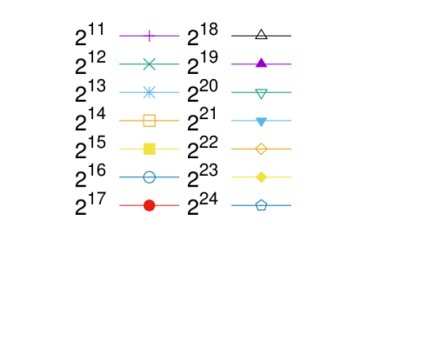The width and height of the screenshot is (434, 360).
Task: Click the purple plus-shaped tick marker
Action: (150, 36)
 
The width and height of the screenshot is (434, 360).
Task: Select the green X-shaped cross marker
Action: (150, 64)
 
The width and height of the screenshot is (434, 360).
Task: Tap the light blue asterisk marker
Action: (150, 92)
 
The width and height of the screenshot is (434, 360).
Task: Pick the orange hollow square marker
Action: (150, 120)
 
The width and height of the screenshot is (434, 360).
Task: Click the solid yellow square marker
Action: (150, 149)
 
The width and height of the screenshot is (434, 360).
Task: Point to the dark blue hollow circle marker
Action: (150, 177)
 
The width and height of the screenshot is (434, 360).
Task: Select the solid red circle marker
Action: (150, 205)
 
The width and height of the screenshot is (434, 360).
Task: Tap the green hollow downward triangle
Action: (261, 92)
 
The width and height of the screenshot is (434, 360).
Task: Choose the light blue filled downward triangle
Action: (261, 121)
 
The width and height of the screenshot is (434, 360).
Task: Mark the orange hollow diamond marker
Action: (261, 149)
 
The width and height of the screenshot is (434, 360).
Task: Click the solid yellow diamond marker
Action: (261, 177)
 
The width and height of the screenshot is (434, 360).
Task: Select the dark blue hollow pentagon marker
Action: (261, 205)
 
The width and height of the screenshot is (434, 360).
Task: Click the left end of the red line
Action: (120, 205)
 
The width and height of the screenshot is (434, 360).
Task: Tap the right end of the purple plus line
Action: (180, 36)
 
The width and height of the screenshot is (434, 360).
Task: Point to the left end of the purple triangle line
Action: (232, 64)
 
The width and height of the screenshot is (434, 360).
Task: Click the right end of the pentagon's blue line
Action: (291, 205)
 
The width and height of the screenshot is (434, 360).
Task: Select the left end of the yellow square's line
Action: (120, 149)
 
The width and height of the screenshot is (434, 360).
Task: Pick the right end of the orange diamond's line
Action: (291, 149)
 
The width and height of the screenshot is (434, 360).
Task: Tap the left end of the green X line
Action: (120, 64)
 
